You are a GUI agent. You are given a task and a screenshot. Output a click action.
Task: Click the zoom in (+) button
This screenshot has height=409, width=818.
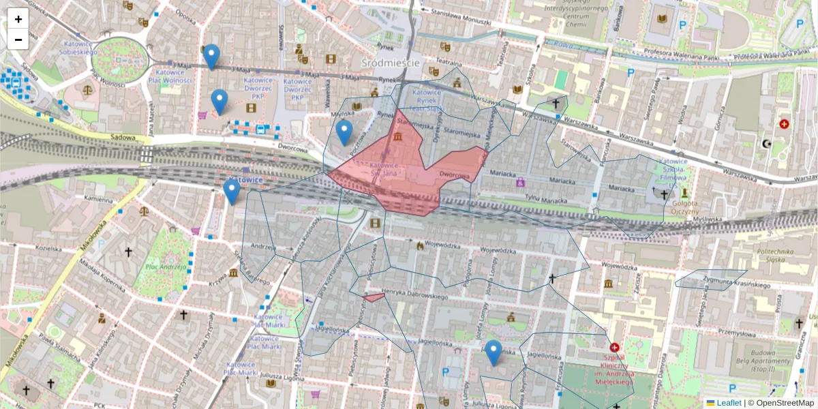pyautogui.click(x=18, y=19)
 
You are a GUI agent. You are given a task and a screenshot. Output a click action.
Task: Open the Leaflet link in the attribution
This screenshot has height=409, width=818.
pyautogui.click(x=728, y=403)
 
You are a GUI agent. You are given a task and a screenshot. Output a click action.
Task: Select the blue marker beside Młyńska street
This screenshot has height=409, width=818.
pyautogui.click(x=344, y=132)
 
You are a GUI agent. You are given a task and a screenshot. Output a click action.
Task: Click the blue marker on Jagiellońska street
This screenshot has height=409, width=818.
pyautogui.click(x=494, y=352)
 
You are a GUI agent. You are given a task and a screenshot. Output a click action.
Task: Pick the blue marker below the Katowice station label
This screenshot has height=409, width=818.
pyautogui.click(x=232, y=192)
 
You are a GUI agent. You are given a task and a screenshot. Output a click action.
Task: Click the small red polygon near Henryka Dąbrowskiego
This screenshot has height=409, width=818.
pyautogui.click(x=373, y=297)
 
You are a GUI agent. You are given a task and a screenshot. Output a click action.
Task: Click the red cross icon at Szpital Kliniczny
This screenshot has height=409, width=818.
pyautogui.click(x=615, y=348)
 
